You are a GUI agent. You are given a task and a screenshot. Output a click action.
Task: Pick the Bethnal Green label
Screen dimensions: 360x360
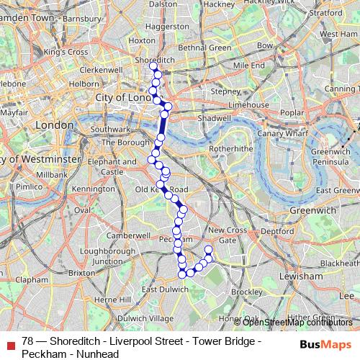[x=205, y=48]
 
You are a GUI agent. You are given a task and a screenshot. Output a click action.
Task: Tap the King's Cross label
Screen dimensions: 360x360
[x=65, y=53]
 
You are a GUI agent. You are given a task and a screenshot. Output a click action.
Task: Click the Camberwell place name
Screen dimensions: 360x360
[x=127, y=235]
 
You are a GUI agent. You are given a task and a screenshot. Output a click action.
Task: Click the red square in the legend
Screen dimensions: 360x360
[x=10, y=343]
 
